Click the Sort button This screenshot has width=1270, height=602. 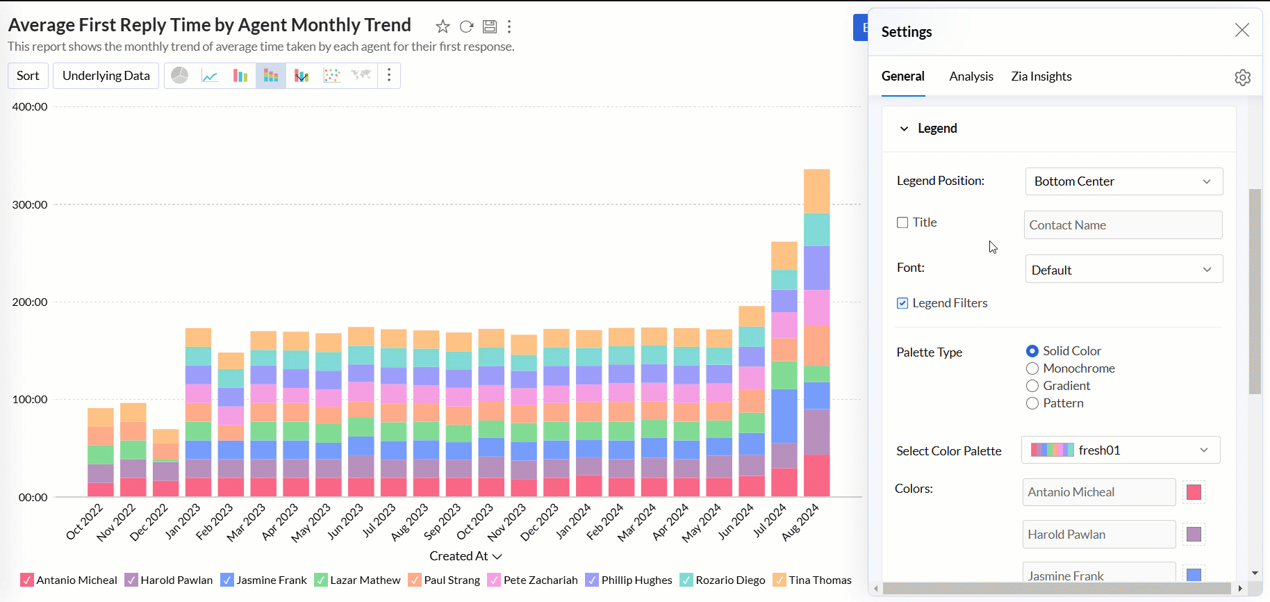point(28,76)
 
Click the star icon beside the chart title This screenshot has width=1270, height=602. point(443,26)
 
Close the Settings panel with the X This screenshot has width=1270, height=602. point(1242,30)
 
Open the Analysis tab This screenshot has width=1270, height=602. point(971,76)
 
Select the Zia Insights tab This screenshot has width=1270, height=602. point(1041,76)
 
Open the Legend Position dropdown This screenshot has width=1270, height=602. point(1123,181)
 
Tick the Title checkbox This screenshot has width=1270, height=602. point(902,222)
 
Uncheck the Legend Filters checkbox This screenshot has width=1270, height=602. point(902,303)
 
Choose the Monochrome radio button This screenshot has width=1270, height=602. point(1032,368)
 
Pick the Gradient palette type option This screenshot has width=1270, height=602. point(1032,386)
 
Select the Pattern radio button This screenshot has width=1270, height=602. point(1032,403)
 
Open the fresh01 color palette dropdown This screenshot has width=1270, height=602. point(1120,450)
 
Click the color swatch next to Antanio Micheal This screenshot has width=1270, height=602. point(1194,492)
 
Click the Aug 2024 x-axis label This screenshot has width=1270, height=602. point(801,522)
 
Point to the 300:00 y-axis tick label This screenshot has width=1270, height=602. point(30,204)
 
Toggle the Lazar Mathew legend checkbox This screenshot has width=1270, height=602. point(321,580)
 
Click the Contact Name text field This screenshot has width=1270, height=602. point(1123,225)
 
